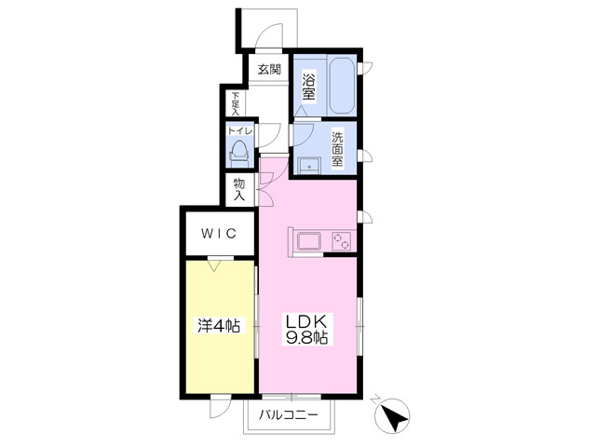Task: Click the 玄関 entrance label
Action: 269,69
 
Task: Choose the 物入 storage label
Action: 238,191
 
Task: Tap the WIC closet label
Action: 217,233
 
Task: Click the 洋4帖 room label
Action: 219,326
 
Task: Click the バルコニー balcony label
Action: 289,414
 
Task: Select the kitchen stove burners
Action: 341,241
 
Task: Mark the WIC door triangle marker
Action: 216,266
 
